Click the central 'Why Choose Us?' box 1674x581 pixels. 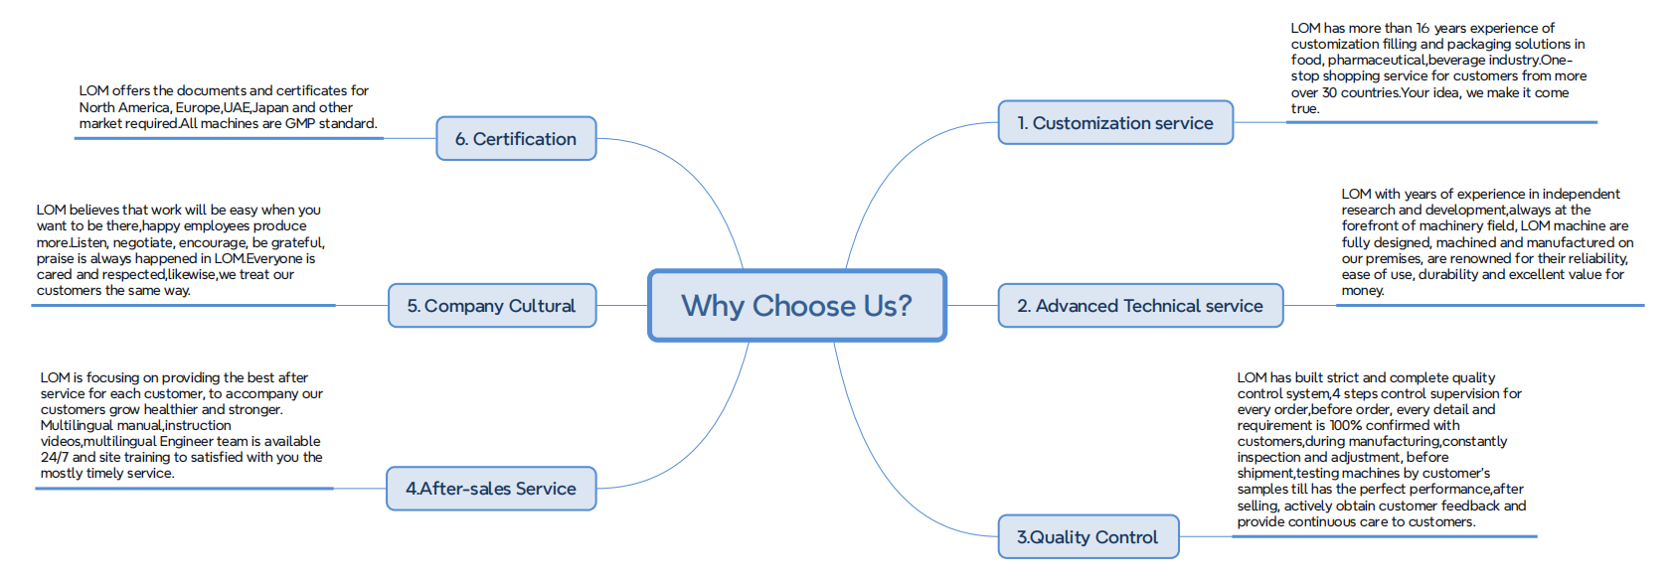click(x=797, y=306)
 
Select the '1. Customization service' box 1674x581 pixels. click(x=1115, y=122)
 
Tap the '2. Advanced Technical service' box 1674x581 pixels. click(x=1140, y=306)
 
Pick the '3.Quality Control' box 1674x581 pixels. click(x=1088, y=536)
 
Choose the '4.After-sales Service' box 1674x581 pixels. click(x=491, y=489)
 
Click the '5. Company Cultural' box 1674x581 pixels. click(x=492, y=306)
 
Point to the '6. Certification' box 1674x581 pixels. click(x=516, y=138)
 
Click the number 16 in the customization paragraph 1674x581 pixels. click(x=1423, y=29)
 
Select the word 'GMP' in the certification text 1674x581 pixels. click(x=299, y=123)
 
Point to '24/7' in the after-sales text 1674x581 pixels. click(x=55, y=457)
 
